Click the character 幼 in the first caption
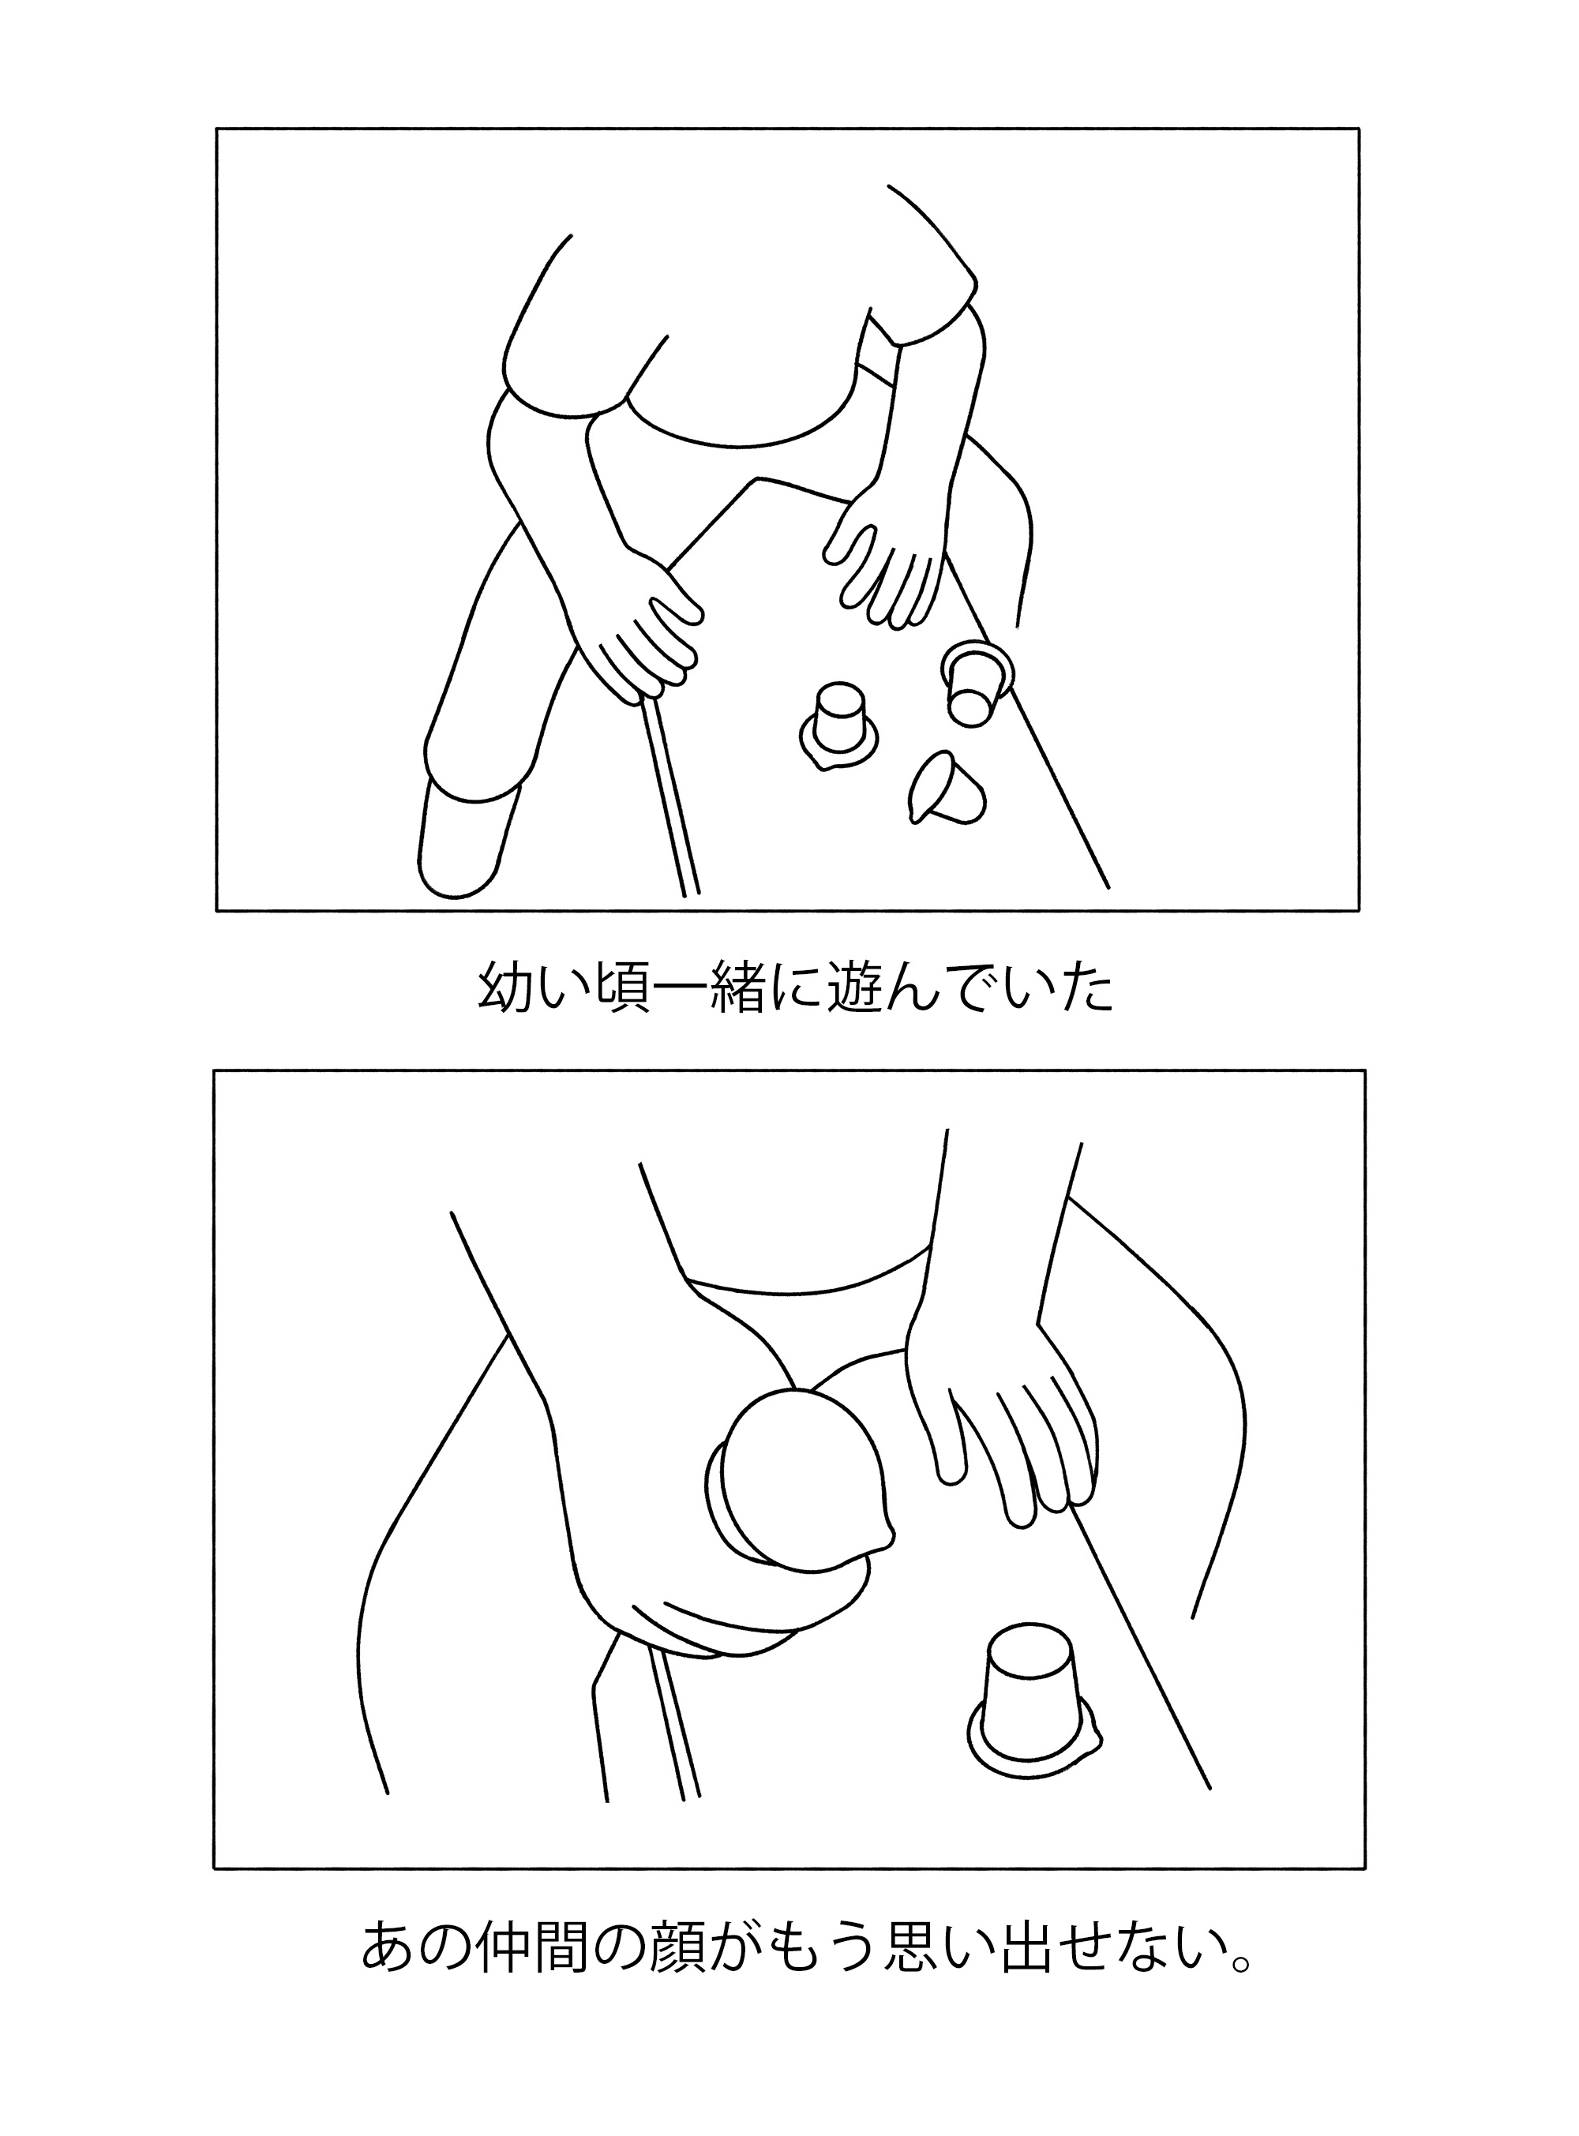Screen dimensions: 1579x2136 (505, 990)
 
